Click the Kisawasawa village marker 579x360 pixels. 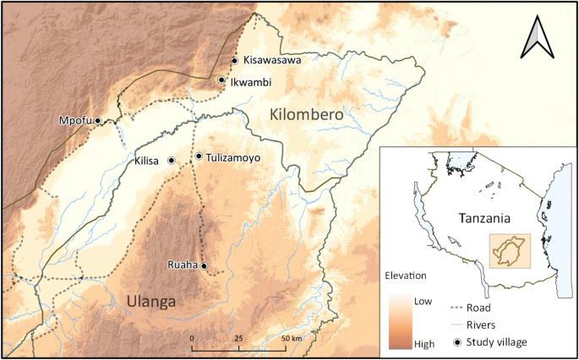(x=235, y=60)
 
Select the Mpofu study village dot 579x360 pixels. (x=98, y=121)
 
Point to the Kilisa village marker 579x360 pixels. (x=172, y=160)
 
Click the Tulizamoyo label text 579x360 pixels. (x=233, y=157)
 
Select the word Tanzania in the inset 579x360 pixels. (x=484, y=218)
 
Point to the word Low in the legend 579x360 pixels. (x=423, y=301)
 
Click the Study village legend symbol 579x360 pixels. (x=457, y=341)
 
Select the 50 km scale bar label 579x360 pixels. (x=292, y=338)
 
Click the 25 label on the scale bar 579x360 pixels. (x=238, y=338)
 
